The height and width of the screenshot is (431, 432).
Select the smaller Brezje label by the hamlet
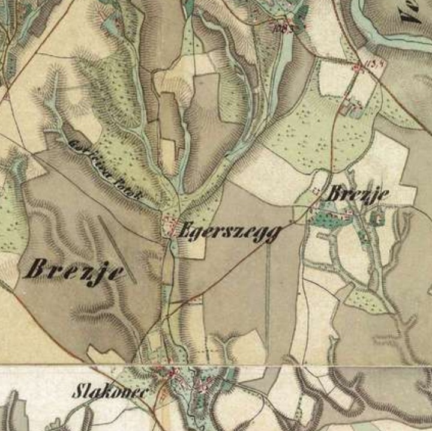pyautogui.click(x=358, y=193)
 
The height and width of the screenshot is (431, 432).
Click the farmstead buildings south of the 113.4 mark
pyautogui.click(x=349, y=106)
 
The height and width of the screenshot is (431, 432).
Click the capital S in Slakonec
pyautogui.click(x=78, y=391)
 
